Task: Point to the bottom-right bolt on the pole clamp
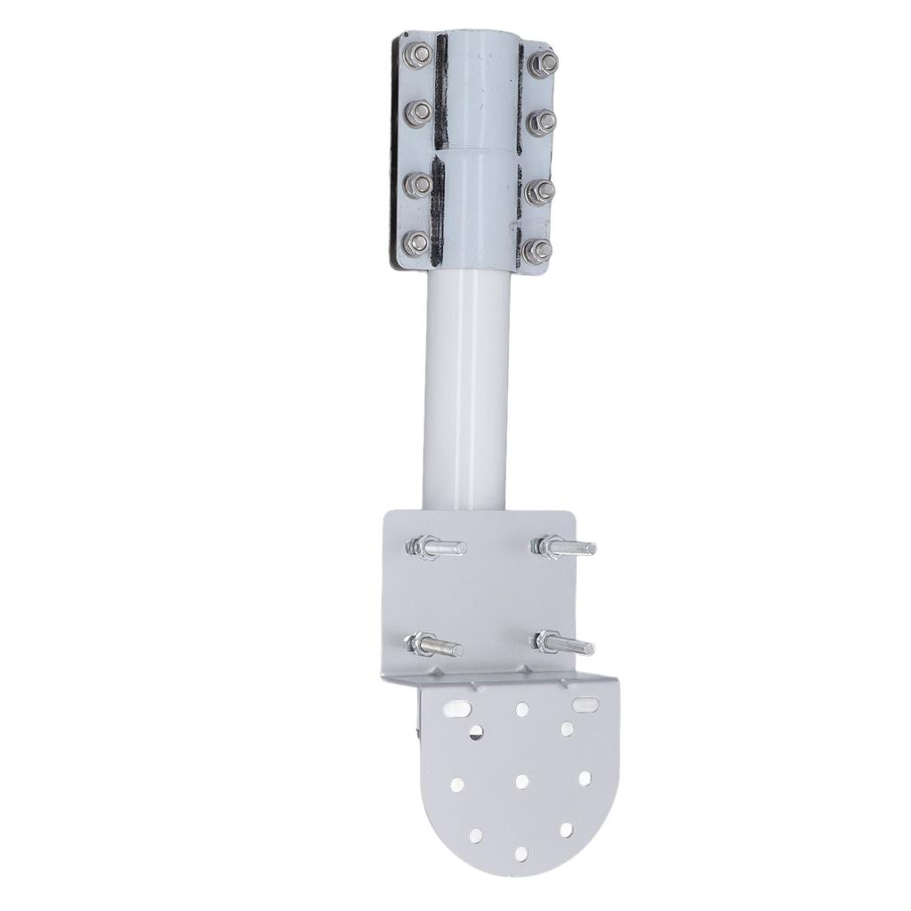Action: pyautogui.click(x=537, y=251)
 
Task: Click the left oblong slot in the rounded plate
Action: pyautogui.click(x=459, y=708)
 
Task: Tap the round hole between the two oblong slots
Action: pyautogui.click(x=522, y=708)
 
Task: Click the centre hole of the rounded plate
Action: pyautogui.click(x=522, y=781)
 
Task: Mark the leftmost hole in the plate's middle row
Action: pyautogui.click(x=457, y=784)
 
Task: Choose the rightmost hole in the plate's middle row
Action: pyautogui.click(x=585, y=778)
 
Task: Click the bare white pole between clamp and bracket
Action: pyautogui.click(x=465, y=391)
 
